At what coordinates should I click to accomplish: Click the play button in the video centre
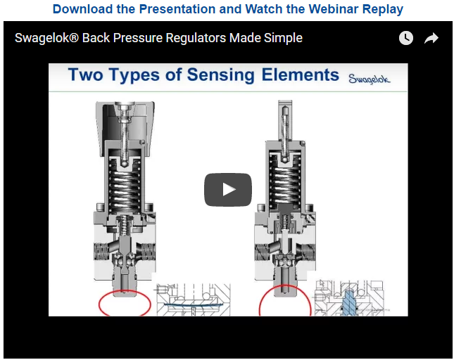228,190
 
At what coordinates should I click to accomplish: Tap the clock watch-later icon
406,38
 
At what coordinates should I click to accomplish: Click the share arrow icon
431,38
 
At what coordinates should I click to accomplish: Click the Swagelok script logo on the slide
369,78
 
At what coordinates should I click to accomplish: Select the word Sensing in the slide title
220,75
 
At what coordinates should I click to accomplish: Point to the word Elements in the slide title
301,75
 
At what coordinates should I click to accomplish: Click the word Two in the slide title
86,75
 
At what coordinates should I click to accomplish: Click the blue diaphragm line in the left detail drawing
193,305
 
